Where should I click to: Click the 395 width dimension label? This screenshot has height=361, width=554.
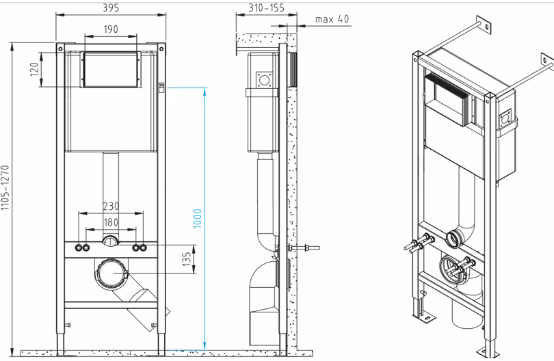tap(111, 8)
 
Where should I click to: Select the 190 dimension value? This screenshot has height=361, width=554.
tap(111, 29)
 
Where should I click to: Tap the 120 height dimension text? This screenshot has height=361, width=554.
tap(34, 69)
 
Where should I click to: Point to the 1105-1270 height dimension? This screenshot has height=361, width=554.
tap(5, 187)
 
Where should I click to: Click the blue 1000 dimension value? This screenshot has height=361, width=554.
tap(197, 218)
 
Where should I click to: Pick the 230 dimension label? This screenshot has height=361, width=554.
tap(111, 206)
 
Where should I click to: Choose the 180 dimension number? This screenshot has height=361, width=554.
tap(111, 222)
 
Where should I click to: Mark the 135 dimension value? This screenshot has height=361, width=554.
tap(187, 259)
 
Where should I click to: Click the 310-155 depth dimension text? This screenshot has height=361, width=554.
tap(267, 8)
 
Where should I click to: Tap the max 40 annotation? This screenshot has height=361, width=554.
tap(332, 18)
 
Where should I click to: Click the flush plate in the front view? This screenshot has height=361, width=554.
tap(111, 70)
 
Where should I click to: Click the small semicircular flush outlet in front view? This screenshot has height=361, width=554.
tap(111, 241)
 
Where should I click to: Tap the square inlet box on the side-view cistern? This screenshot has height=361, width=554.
tap(264, 80)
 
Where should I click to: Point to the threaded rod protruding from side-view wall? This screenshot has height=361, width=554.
tap(304, 248)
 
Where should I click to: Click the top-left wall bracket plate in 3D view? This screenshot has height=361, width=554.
tap(484, 25)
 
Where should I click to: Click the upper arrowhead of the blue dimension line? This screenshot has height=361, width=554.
tap(205, 92)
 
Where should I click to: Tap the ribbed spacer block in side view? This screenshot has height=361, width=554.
tap(293, 70)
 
